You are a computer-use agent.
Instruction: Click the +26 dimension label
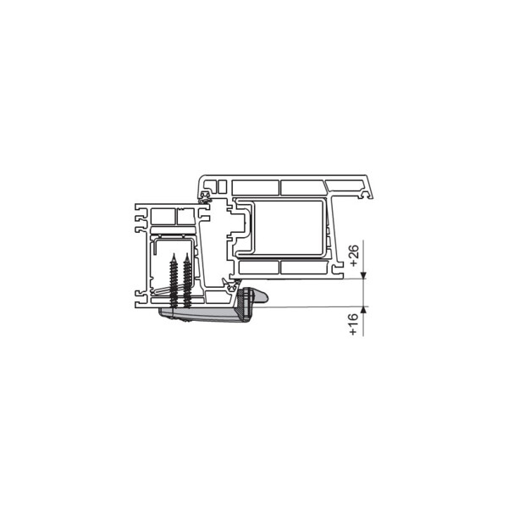(355, 256)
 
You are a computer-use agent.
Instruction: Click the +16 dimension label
(354, 324)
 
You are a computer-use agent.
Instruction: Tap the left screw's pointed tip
(174, 254)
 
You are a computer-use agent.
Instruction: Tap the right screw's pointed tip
(186, 254)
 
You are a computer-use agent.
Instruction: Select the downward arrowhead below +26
(363, 275)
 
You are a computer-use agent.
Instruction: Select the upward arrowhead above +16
(363, 310)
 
